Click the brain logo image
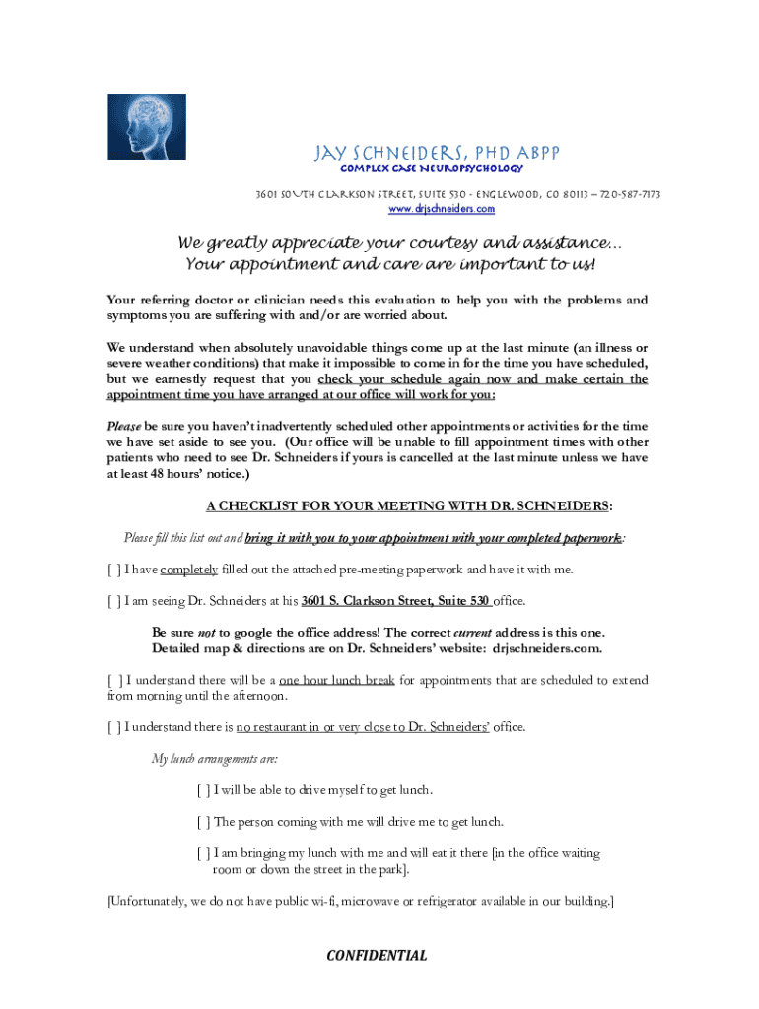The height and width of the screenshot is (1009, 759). [x=146, y=126]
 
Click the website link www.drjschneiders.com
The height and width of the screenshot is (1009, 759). [x=442, y=209]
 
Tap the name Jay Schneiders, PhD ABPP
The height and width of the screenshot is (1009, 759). [x=437, y=153]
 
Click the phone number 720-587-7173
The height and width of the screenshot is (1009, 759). [x=628, y=195]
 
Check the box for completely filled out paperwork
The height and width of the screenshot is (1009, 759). [x=114, y=570]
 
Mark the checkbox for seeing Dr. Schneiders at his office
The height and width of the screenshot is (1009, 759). [x=114, y=600]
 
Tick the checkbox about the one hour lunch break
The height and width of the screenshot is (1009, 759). [x=114, y=680]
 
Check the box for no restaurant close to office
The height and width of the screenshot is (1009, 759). [x=114, y=727]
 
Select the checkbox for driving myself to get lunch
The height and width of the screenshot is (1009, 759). [x=203, y=790]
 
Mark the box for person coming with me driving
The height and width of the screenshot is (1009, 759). [x=203, y=821]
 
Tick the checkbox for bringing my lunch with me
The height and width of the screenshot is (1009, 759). [x=203, y=853]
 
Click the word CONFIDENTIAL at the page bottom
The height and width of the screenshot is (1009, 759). [x=378, y=955]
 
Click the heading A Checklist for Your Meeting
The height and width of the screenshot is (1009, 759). [x=408, y=506]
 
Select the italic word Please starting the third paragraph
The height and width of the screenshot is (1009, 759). [x=124, y=427]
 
